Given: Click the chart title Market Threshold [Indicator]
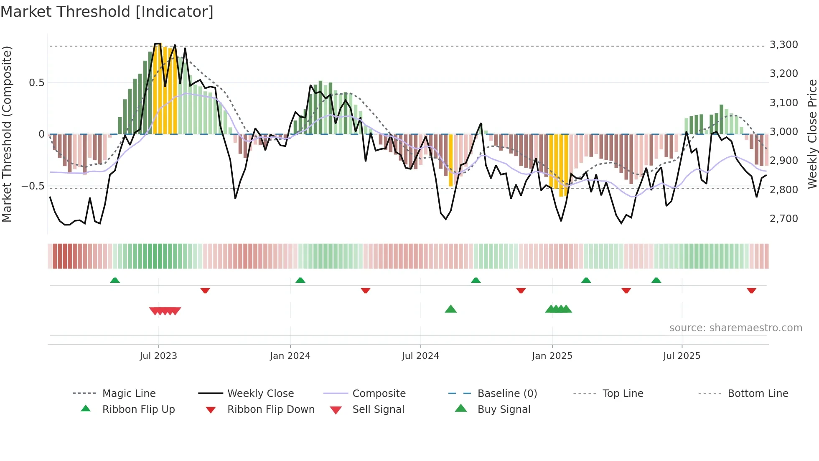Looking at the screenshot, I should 107,12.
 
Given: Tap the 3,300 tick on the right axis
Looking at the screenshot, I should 783,45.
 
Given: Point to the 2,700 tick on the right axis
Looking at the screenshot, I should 783,218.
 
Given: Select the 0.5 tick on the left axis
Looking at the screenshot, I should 36,83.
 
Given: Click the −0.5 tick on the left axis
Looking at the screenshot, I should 33,186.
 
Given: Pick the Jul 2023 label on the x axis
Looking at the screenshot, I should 158,356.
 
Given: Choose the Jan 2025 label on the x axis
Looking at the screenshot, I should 552,356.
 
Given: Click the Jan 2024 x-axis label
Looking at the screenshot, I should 290,356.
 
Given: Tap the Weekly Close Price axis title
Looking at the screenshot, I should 812,134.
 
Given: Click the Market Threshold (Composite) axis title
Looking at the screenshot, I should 7,134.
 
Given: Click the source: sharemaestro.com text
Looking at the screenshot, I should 735,328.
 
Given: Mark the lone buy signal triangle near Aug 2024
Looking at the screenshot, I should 450,309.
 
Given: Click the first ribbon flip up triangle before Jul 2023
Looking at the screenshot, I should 115,280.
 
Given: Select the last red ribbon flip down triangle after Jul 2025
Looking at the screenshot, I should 751,290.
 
